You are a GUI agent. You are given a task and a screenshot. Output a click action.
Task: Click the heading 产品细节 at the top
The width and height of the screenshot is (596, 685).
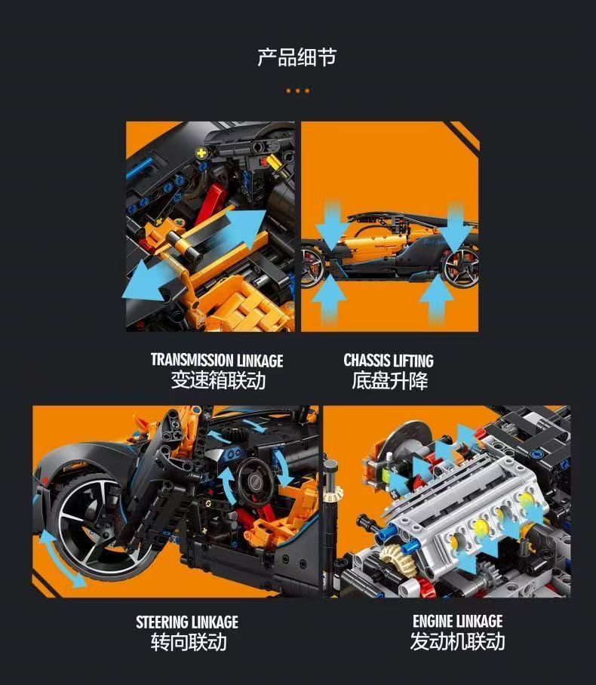pos(296,57)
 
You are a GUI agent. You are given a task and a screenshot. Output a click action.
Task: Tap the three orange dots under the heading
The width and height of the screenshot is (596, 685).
pos(297,91)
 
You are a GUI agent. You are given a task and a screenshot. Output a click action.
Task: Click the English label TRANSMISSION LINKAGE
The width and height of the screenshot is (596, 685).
pos(217,361)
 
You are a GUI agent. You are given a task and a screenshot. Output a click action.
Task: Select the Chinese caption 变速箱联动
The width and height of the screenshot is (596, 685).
pos(217,380)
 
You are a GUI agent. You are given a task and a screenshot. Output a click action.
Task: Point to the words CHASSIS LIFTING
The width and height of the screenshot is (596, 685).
pos(389,361)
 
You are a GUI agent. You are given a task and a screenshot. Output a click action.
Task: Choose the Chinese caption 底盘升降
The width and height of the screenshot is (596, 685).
pos(389,380)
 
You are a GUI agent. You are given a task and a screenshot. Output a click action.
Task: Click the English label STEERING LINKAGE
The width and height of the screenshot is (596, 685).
pos(187,622)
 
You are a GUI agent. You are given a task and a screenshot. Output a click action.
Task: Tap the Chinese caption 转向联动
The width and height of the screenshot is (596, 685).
pos(188,642)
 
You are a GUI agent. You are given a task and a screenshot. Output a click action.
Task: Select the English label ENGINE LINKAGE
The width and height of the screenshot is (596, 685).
pos(457,622)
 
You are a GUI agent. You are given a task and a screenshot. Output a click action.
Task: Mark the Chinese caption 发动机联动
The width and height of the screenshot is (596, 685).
pos(457,642)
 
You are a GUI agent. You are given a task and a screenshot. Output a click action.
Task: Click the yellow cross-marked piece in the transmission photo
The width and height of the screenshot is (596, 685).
pos(201,152)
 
